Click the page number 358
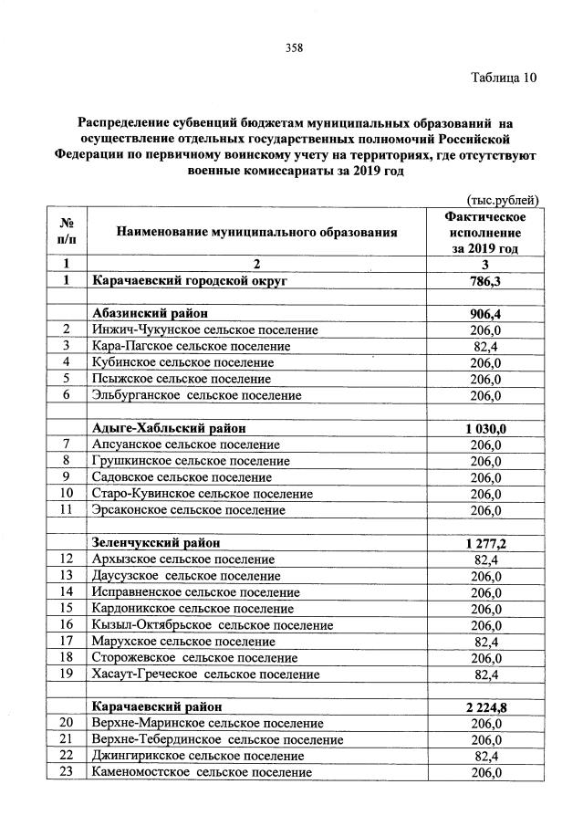click(x=292, y=48)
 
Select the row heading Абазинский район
click(x=150, y=313)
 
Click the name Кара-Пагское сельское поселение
click(x=191, y=346)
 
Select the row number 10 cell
click(x=67, y=493)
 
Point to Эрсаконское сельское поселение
click(x=195, y=509)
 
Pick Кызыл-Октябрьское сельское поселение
click(x=213, y=624)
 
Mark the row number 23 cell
click(x=67, y=772)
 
